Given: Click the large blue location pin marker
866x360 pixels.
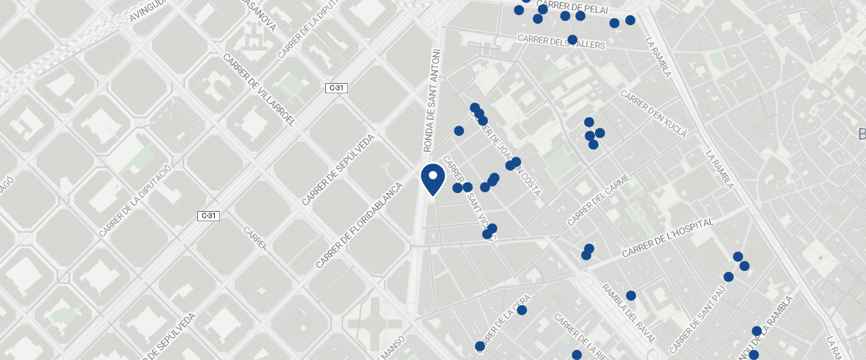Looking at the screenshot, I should (432, 179).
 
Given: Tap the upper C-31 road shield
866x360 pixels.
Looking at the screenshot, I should (337, 88).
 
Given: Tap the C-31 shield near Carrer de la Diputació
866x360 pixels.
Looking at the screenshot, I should (208, 215).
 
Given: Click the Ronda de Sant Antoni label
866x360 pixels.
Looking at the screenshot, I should (432, 101).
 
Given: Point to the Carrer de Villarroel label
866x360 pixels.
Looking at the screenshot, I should (260, 91).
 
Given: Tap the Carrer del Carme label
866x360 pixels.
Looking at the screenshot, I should (599, 200).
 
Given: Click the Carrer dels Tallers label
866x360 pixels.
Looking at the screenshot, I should (561, 41).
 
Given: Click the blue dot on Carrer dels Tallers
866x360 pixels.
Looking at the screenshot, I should (573, 40).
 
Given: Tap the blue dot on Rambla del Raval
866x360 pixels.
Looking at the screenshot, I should (630, 296).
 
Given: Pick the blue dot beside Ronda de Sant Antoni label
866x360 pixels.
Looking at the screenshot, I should (458, 131).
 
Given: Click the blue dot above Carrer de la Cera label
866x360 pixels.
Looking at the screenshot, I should (522, 310).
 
